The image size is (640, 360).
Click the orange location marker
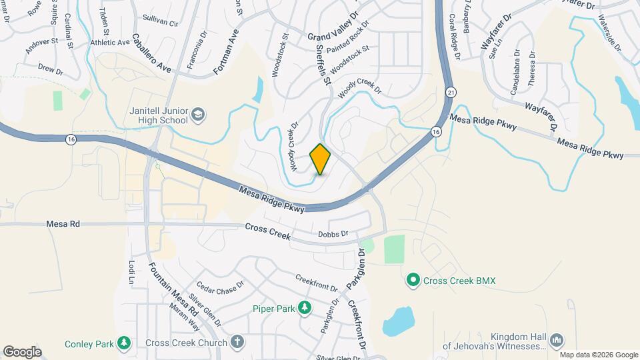pyautogui.click(x=321, y=159)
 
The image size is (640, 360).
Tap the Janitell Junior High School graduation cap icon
pyautogui.click(x=198, y=116)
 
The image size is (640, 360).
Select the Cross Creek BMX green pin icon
pyautogui.click(x=413, y=281)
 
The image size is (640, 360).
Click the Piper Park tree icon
pyautogui.click(x=305, y=308)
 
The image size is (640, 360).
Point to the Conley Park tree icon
pyautogui.click(x=123, y=343)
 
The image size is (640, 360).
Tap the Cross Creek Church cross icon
pyautogui.click(x=237, y=343)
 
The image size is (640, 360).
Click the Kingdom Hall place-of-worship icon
pyautogui.click(x=557, y=342)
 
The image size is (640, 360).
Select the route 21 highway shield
pyautogui.click(x=451, y=91)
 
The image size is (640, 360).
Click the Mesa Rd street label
pyautogui.click(x=63, y=224)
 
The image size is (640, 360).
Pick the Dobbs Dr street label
pyautogui.click(x=333, y=234)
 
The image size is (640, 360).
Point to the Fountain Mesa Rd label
pyautogui.click(x=164, y=289)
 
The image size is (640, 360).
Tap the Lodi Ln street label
pyautogui.click(x=131, y=273)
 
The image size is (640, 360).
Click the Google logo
pyautogui.click(x=22, y=351)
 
